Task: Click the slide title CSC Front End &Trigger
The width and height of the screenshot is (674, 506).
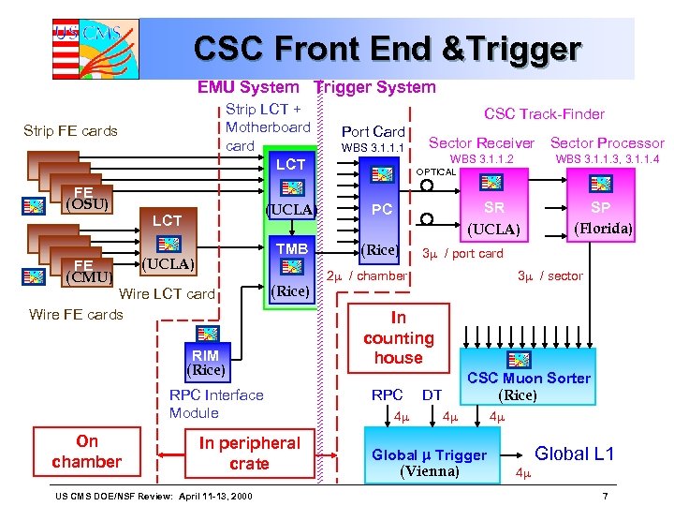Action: click(x=387, y=49)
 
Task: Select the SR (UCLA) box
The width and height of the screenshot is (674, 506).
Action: click(x=492, y=217)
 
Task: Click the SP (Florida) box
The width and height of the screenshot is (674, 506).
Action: click(x=600, y=217)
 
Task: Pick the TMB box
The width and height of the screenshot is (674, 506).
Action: click(x=290, y=249)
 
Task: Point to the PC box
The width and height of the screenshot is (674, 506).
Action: click(x=381, y=210)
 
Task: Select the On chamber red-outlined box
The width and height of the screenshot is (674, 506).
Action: click(x=86, y=452)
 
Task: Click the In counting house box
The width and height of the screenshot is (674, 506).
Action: click(x=399, y=338)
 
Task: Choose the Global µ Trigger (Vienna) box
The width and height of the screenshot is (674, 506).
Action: click(x=429, y=462)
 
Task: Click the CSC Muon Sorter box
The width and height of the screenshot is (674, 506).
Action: click(x=529, y=377)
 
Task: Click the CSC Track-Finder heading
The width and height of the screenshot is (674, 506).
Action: click(x=544, y=113)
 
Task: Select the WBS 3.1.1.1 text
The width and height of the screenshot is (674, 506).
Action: click(x=373, y=148)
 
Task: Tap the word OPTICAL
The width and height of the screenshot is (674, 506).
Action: click(x=435, y=171)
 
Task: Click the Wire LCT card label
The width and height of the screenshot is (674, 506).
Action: click(x=168, y=294)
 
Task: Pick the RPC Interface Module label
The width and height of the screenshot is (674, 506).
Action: click(x=216, y=404)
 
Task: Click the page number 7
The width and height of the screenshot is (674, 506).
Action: click(x=606, y=495)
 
